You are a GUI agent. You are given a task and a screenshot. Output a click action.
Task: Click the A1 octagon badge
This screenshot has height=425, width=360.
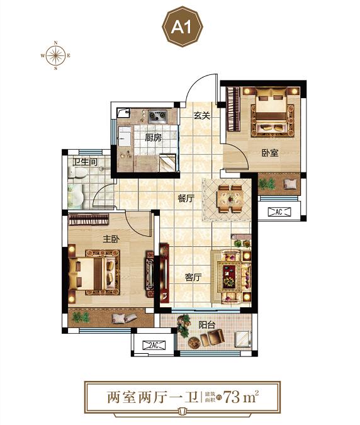pos(183,26)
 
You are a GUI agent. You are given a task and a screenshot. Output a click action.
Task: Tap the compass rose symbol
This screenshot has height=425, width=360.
pos(55,55)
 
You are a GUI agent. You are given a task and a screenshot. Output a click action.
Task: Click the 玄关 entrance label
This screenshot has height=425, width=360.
pos(202,116)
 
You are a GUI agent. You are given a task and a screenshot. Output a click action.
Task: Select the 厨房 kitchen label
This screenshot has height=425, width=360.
pos(154,138)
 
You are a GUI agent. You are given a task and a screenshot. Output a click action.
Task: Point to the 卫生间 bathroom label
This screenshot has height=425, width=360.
pos(85,162)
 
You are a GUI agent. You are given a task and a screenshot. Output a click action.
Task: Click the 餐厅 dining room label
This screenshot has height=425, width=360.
pos(186,199)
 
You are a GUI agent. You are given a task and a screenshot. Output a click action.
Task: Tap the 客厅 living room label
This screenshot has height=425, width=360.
pos(193,277)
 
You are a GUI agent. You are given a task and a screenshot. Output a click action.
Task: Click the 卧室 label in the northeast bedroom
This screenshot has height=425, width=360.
pos(270,153)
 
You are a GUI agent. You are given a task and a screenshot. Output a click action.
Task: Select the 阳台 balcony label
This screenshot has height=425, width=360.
pos(206,325)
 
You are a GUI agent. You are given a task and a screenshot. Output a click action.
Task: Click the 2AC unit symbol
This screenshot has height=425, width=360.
pos(154,345)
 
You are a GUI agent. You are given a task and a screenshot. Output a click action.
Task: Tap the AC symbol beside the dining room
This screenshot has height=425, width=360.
pos(279,212)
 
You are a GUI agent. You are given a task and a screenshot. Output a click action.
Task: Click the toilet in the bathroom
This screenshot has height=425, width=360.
pos(77,172)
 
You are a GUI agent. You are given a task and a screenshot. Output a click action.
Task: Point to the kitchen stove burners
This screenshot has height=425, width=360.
pos(157,116)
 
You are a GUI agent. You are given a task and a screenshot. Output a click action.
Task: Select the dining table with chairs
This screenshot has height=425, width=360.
pos(230,199)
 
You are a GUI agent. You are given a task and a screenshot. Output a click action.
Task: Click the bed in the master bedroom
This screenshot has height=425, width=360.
pos(87,273)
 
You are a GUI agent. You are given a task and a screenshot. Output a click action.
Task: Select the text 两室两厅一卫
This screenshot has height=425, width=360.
pos(153,397)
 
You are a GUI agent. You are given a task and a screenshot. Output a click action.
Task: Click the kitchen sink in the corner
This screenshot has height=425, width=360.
pos(123,113)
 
